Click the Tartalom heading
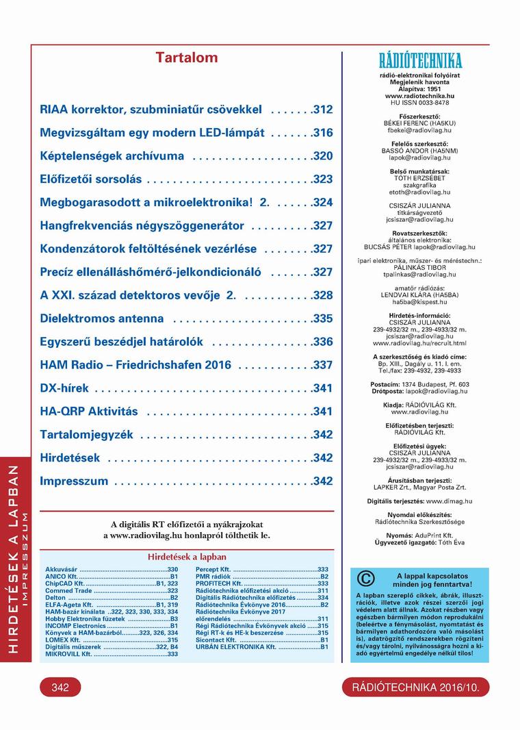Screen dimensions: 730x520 187,58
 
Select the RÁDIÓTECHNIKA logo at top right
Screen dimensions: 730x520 420,60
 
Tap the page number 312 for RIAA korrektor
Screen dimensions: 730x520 322,110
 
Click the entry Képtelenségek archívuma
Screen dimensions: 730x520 112,156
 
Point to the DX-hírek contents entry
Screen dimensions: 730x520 64,388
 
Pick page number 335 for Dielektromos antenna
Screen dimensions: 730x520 322,318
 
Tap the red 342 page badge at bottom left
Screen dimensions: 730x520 60,688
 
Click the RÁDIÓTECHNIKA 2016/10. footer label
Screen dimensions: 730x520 416,688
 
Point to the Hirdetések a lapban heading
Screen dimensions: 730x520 187,557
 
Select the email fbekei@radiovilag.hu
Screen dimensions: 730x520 419,129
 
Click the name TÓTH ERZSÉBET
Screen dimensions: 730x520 419,177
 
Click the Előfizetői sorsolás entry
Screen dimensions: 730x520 91,179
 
